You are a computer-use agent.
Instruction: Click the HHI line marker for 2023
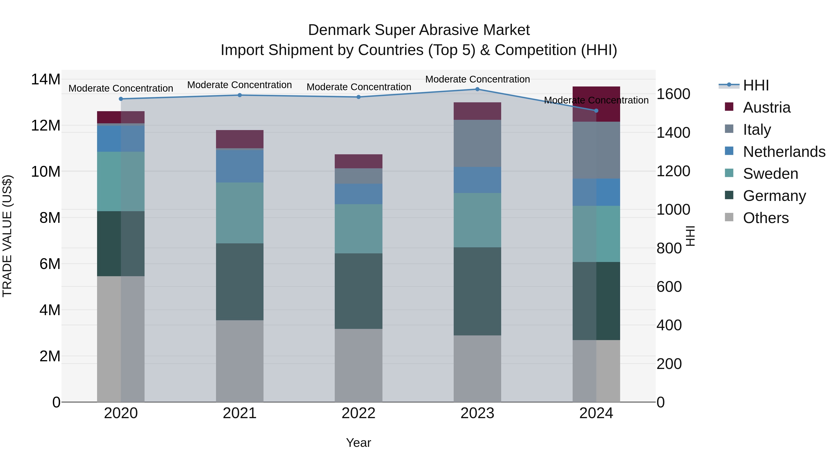(477, 89)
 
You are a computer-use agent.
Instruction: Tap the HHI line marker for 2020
(121, 99)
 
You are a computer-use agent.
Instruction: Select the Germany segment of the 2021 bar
(240, 282)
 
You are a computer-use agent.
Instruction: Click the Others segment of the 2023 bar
(477, 369)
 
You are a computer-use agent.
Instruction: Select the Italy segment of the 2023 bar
(477, 143)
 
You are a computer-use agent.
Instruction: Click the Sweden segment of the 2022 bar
(358, 229)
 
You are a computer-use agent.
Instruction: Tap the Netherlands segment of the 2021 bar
(240, 166)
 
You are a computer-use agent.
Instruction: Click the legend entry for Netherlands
(784, 152)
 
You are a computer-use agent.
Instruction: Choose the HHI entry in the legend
(756, 85)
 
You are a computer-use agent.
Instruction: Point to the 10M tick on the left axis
(46, 172)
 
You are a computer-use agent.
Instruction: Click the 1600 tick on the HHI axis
(673, 94)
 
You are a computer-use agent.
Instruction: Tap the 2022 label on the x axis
(358, 413)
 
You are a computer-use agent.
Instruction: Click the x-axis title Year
(358, 443)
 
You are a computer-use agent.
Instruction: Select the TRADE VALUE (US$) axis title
(7, 236)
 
